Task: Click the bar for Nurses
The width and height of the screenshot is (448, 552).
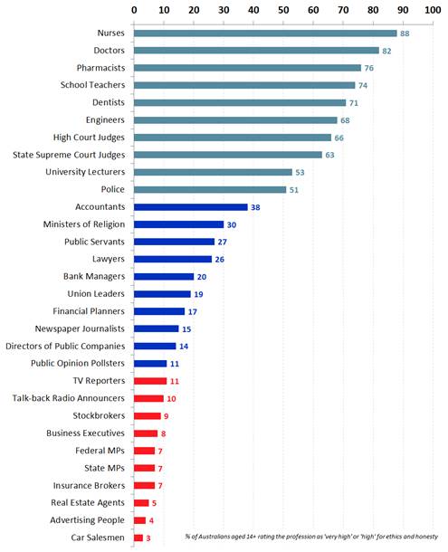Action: tap(264, 33)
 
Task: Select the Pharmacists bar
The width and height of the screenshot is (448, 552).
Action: tap(246, 68)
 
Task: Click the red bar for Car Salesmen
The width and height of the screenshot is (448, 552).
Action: tap(138, 538)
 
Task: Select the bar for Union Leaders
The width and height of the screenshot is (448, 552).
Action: tap(162, 294)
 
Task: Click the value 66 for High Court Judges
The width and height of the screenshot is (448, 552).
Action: tap(338, 138)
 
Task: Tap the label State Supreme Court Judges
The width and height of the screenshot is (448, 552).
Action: tap(68, 155)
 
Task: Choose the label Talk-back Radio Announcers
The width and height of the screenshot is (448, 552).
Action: tap(69, 398)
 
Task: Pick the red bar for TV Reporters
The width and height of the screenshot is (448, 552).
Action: tap(150, 381)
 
